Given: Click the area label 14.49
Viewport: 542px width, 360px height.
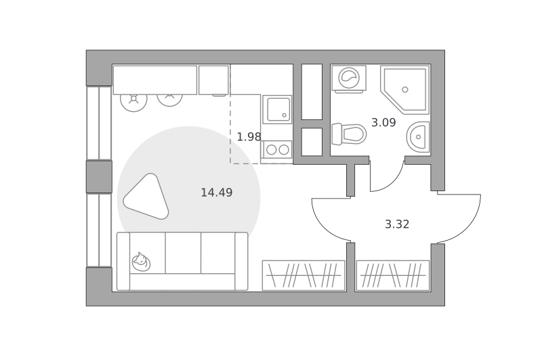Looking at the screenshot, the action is [217, 193].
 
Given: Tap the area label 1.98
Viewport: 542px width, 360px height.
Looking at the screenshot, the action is [249, 137].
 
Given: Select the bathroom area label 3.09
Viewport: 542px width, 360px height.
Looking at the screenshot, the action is [383, 123].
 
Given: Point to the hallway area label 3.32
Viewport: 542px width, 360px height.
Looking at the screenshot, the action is [397, 224].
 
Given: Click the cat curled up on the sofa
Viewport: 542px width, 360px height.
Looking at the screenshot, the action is [141, 262].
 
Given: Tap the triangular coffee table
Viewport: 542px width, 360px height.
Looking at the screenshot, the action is [146, 197].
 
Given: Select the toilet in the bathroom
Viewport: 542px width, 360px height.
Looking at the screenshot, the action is [348, 134].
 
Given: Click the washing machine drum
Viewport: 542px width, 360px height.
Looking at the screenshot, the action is [349, 78].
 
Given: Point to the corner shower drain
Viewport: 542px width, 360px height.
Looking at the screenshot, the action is [405, 89].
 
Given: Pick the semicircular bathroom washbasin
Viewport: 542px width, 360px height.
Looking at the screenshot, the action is [418, 136].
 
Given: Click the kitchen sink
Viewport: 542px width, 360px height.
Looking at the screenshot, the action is [277, 109].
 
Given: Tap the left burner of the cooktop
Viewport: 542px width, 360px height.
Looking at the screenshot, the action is [272, 150].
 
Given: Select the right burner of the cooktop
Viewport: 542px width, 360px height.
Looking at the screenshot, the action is [284, 150].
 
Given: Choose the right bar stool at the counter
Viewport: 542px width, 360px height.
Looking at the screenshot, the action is [169, 100].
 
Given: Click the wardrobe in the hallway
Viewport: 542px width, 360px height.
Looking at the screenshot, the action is [393, 275].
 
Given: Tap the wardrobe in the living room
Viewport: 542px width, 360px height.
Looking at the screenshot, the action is [304, 275].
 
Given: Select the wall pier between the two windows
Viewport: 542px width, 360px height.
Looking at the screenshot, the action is [99, 177].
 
